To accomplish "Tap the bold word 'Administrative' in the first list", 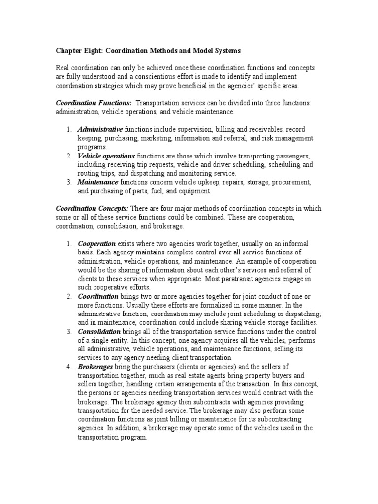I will pyautogui.click(x=100, y=129).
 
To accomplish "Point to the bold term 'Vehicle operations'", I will pyautogui.click(x=106, y=156).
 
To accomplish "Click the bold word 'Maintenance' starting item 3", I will pyautogui.click(x=98, y=183).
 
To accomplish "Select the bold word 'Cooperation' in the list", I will pyautogui.click(x=96, y=244).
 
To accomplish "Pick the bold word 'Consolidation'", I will pyautogui.click(x=99, y=332).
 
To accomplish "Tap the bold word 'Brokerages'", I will pyautogui.click(x=95, y=368).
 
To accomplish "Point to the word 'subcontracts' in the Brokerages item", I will pyautogui.click(x=171, y=403).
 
